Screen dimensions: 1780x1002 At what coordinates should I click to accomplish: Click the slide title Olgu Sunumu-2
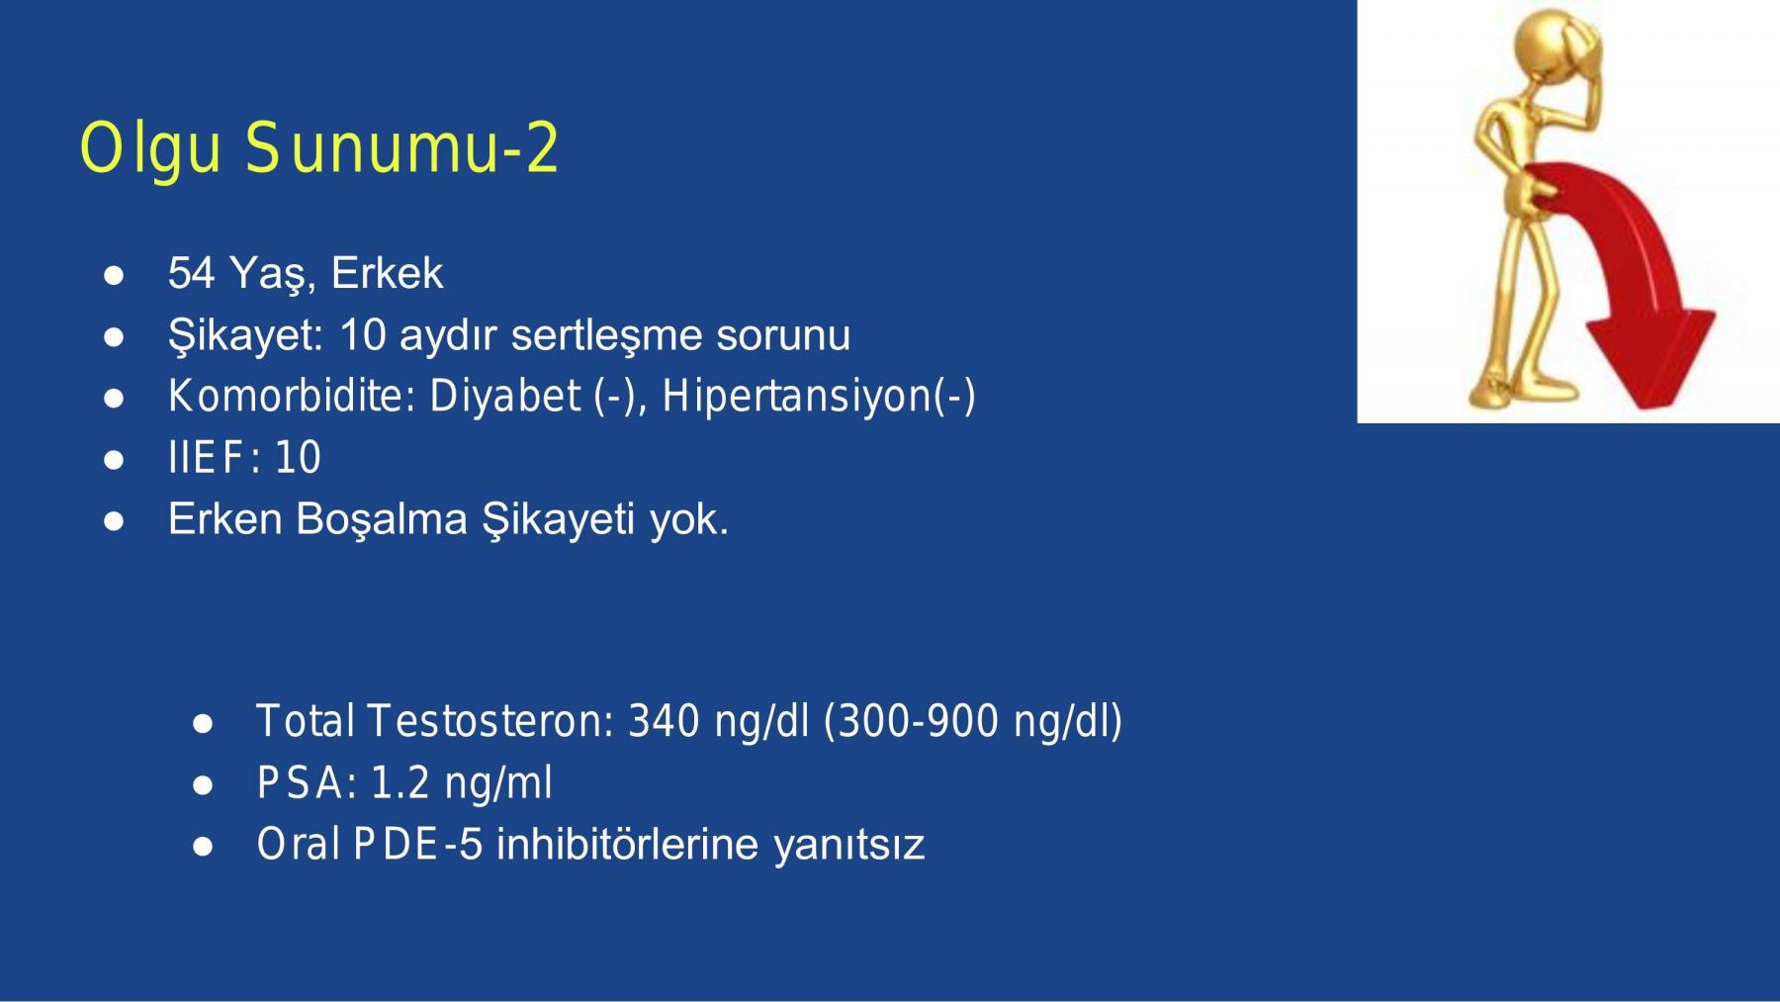[319, 148]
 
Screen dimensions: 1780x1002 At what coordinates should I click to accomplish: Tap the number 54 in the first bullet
[191, 273]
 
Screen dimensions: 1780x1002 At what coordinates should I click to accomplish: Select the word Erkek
[387, 273]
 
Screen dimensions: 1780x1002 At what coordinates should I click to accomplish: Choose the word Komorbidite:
[292, 397]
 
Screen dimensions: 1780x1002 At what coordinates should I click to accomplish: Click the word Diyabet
[504, 397]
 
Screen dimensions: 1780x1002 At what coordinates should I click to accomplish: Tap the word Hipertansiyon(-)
[818, 398]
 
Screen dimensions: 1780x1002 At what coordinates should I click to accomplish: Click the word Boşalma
[381, 519]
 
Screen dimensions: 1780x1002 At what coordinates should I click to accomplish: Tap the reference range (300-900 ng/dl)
[973, 722]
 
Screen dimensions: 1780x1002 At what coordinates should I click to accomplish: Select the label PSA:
[308, 783]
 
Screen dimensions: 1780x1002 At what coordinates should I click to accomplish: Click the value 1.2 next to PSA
[400, 783]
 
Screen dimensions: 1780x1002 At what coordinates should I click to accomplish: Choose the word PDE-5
[417, 845]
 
